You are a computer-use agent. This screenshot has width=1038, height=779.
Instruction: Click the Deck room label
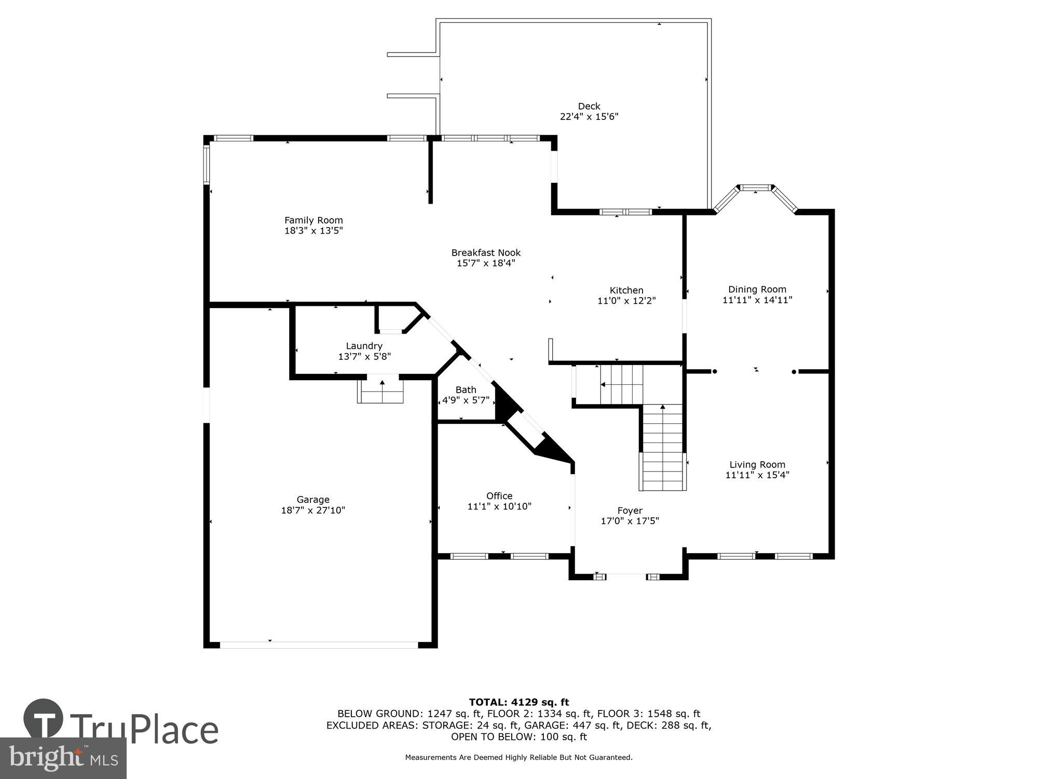coord(589,106)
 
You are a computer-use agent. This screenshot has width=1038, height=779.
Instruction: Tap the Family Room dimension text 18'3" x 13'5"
coord(313,231)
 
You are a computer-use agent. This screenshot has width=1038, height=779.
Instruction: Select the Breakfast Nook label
coord(486,253)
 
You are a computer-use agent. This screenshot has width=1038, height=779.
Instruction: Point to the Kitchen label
coord(626,290)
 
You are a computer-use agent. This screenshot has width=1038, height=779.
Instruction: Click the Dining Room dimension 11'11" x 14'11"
coord(757,300)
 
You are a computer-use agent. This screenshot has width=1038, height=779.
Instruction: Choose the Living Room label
coord(757,465)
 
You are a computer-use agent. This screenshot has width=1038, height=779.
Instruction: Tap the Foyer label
coord(630,511)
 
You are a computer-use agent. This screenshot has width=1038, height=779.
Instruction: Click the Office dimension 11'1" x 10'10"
coord(499,506)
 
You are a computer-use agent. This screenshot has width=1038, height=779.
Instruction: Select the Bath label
coord(466,389)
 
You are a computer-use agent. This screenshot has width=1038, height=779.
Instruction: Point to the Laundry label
coord(364,346)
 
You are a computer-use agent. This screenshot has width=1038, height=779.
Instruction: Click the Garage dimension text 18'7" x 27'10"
coord(313,511)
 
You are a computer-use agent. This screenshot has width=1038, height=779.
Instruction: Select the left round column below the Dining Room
coord(714,371)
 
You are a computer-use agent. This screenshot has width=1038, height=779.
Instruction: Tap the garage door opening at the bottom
coord(319,644)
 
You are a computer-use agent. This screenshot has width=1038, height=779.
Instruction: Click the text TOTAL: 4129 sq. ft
coord(518,703)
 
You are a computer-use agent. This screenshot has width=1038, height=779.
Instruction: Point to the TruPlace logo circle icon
coord(44,719)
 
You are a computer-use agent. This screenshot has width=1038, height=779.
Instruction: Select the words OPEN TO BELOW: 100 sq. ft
coord(518,736)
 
